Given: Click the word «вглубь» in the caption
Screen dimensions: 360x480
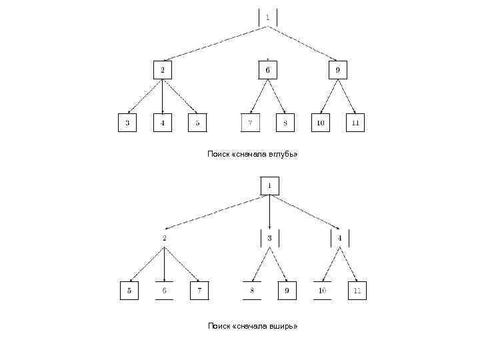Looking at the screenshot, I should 283,154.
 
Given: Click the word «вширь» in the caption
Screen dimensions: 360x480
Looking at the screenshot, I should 283,326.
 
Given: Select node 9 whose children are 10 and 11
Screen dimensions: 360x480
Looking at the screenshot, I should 337,69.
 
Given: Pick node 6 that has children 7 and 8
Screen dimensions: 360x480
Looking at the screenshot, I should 267,69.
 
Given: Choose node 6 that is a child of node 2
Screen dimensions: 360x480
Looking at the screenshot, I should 164,291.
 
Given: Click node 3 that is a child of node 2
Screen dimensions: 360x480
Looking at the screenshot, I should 127,123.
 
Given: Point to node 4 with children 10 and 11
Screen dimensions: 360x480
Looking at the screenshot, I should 339,238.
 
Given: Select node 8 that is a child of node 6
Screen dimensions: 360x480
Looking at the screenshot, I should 286,123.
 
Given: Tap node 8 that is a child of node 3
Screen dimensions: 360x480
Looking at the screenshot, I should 251,291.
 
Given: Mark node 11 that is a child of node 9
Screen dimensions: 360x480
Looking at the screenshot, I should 355,123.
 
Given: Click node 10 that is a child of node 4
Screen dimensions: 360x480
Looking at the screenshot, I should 322,291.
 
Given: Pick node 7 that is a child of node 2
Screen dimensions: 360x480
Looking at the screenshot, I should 199,291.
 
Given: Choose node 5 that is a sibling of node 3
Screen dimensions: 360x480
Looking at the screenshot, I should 197,123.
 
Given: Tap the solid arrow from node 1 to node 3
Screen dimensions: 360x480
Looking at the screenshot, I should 269,212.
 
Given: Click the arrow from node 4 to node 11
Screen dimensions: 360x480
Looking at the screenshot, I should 349,264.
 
